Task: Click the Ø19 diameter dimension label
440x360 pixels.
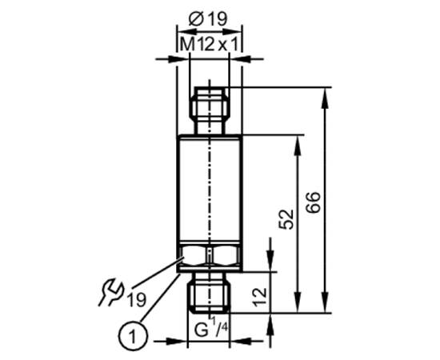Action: point(208,19)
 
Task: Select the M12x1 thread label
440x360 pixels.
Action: point(209,44)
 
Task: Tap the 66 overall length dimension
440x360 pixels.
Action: point(313,202)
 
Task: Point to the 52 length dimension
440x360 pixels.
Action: point(286,219)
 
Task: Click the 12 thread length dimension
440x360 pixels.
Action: point(259,297)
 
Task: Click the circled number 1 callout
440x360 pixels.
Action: point(133,336)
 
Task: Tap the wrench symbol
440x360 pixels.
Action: point(110,292)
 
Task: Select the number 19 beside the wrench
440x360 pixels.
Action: point(137,299)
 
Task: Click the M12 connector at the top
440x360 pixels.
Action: point(210,110)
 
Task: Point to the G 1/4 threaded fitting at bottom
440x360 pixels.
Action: point(210,293)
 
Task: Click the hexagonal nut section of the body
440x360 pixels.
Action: point(210,255)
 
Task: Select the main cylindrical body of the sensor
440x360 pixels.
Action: point(210,190)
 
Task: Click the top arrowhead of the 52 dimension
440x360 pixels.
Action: point(298,145)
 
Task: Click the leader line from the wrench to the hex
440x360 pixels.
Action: point(158,273)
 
